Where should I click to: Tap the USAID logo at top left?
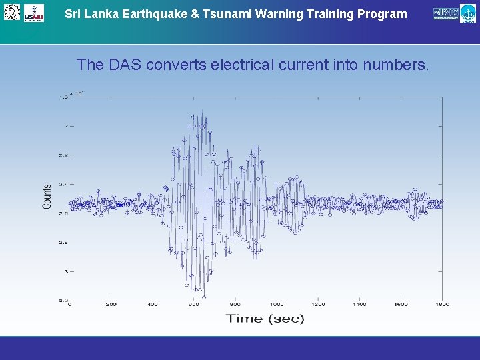click(x=34, y=13)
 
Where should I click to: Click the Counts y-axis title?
click(x=47, y=197)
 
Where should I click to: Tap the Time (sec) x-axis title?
click(x=265, y=318)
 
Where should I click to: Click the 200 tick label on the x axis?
click(x=111, y=305)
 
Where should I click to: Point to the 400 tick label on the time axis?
click(x=153, y=305)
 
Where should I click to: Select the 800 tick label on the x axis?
click(x=235, y=305)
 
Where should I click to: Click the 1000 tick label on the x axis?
click(x=277, y=305)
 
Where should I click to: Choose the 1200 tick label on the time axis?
click(x=318, y=305)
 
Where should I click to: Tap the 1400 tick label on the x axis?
click(x=359, y=305)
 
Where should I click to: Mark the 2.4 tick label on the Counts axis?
click(x=63, y=184)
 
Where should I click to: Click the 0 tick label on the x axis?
click(x=69, y=305)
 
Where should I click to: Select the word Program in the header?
click(x=382, y=14)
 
